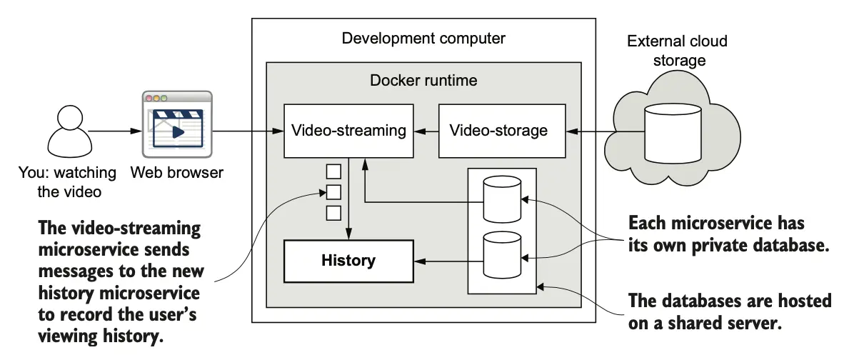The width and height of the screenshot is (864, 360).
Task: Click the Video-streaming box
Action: (348, 131)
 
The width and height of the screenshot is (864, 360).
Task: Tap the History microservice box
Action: (348, 261)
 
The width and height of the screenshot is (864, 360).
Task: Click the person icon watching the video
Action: (69, 134)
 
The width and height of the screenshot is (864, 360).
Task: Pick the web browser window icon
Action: (177, 125)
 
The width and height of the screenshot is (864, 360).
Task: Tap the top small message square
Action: (333, 171)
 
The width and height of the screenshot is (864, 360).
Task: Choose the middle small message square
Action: (333, 191)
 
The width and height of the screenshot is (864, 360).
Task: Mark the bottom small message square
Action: (333, 212)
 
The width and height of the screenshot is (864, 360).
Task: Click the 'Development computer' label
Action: (423, 38)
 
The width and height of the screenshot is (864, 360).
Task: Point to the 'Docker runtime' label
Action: (423, 80)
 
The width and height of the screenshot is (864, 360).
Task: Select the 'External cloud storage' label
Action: (677, 51)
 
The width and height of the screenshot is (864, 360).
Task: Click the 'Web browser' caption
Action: (177, 172)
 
